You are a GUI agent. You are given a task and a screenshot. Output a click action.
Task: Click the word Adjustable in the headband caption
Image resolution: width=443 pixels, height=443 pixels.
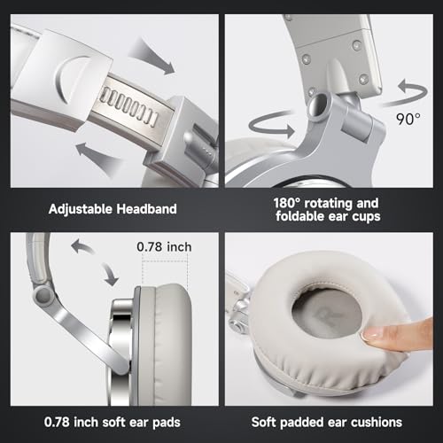[x=81, y=209]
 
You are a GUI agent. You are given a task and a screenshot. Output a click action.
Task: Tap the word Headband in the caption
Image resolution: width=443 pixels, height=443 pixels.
[x=146, y=209]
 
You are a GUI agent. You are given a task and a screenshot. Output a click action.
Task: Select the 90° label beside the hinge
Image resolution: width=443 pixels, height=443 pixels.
[x=408, y=119]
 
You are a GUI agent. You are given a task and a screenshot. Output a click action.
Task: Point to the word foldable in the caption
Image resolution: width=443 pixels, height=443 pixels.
[x=300, y=216]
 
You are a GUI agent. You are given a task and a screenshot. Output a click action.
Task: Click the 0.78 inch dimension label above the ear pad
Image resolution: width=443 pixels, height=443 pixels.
[x=164, y=247]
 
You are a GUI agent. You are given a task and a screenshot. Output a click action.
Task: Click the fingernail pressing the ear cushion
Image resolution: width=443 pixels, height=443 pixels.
[x=370, y=334]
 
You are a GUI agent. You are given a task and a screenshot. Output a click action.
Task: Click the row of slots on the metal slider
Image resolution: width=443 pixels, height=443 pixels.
[x=128, y=106]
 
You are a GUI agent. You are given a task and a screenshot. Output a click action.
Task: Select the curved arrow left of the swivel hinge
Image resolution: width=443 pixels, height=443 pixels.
[x=270, y=127]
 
